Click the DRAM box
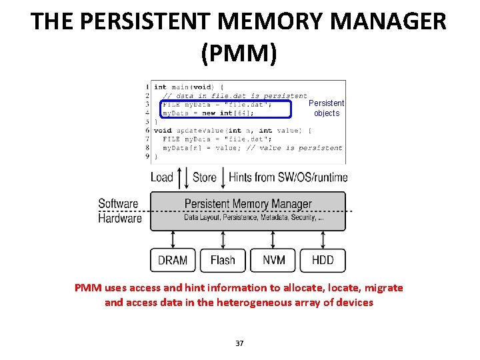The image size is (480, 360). pyautogui.click(x=173, y=260)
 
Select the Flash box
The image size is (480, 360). pyautogui.click(x=223, y=260)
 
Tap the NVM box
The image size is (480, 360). pyautogui.click(x=273, y=260)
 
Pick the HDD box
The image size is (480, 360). pyautogui.click(x=323, y=260)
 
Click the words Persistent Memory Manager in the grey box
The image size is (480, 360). pyautogui.click(x=248, y=204)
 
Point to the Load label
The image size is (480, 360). pyautogui.click(x=162, y=177)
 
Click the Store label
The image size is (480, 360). pyautogui.click(x=205, y=177)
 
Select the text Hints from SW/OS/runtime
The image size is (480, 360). pyautogui.click(x=288, y=177)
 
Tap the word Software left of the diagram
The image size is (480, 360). pyautogui.click(x=118, y=204)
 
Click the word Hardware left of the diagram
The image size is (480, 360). pyautogui.click(x=120, y=218)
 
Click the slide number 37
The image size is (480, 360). pyautogui.click(x=240, y=343)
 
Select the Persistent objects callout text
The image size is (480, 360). pyautogui.click(x=327, y=108)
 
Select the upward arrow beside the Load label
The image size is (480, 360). pyautogui.click(x=178, y=177)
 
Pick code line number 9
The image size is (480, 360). pyautogui.click(x=147, y=156)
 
